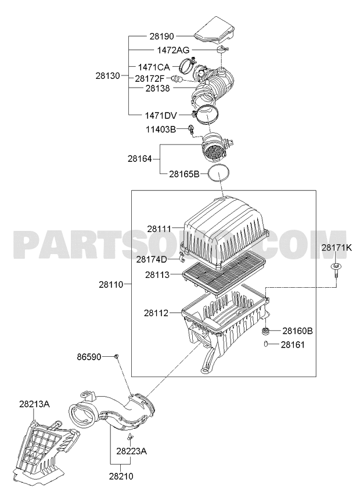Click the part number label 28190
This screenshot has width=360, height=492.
(x=161, y=37)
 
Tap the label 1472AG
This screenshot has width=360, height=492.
(x=174, y=50)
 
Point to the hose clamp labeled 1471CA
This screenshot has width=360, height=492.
(x=188, y=65)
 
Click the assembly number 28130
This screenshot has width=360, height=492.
(x=108, y=75)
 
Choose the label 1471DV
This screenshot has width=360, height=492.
(x=161, y=115)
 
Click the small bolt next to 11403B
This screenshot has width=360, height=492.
(x=190, y=129)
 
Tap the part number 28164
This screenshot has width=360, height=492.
(x=140, y=159)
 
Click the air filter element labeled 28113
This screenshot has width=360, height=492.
(x=224, y=274)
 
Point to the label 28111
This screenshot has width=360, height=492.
(x=159, y=229)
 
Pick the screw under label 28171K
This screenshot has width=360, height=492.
(x=336, y=270)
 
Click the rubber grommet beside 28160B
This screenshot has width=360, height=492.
(x=267, y=331)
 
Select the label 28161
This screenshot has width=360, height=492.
(x=293, y=345)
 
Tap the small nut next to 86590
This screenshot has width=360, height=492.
(x=116, y=356)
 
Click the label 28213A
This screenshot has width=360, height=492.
(x=35, y=404)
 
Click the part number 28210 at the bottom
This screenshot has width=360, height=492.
(x=121, y=476)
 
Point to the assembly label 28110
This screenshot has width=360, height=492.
(x=111, y=285)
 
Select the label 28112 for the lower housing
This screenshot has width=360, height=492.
(x=156, y=313)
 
